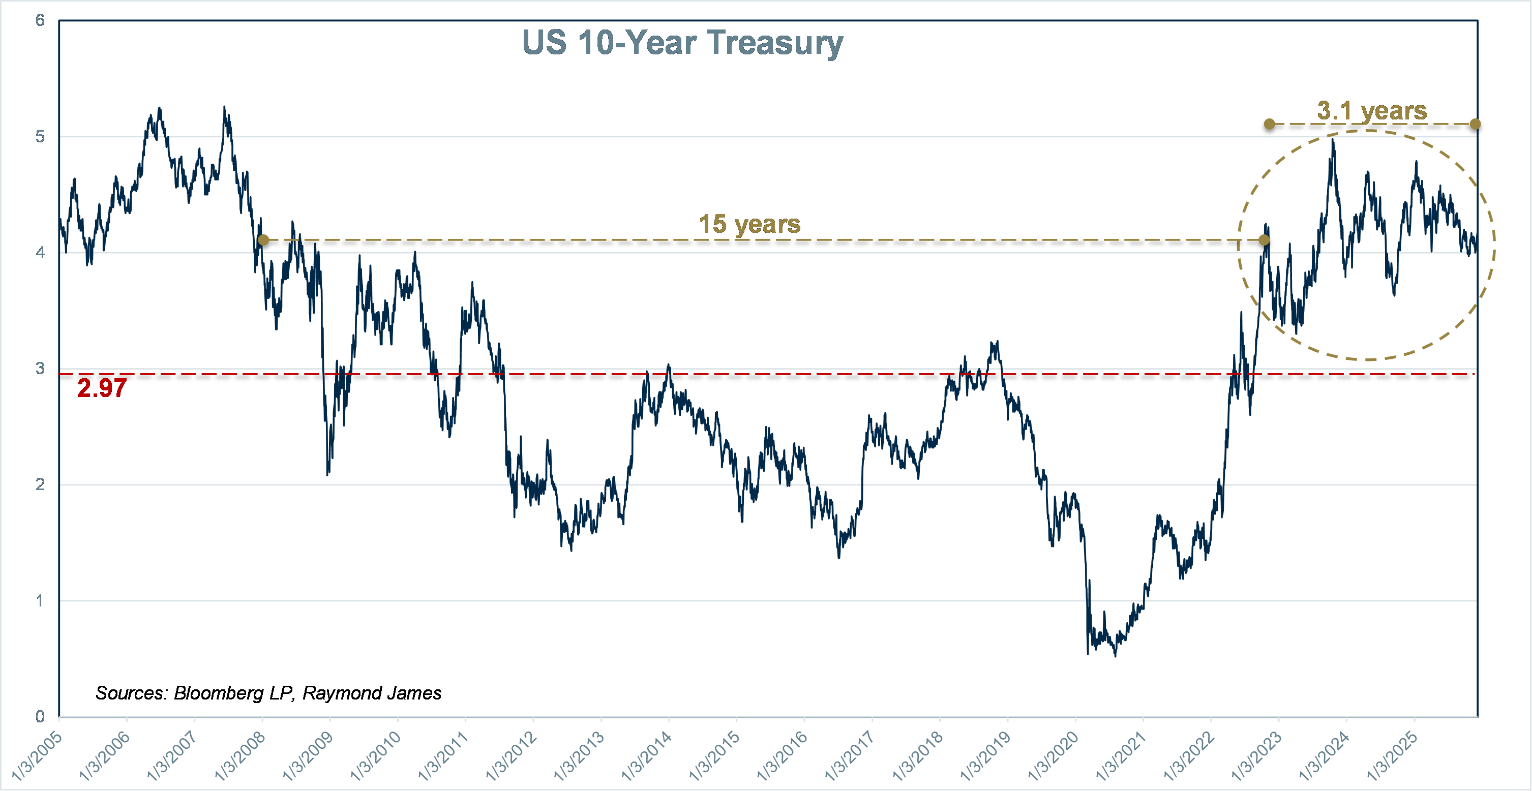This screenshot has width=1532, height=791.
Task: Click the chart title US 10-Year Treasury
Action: [682, 43]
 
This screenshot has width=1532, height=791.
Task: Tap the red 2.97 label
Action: [102, 388]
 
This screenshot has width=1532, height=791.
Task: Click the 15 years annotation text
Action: [749, 224]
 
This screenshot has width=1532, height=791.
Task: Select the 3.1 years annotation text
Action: [1372, 111]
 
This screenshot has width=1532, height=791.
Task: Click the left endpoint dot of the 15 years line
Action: [263, 240]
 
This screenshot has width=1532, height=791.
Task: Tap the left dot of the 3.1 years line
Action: [1269, 125]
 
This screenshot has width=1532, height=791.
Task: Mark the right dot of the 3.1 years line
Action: [1476, 125]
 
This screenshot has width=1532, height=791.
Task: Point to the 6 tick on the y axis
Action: [40, 21]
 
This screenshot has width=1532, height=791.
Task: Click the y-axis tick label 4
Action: [40, 253]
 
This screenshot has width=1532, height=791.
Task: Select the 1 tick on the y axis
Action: [40, 601]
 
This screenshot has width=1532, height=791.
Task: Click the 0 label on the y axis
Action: [40, 717]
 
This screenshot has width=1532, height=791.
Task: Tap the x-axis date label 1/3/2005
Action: [37, 755]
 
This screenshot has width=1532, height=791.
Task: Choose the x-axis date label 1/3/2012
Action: [512, 755]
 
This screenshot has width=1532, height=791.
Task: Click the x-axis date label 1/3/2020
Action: [1053, 755]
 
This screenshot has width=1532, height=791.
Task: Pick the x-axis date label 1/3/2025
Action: [1392, 755]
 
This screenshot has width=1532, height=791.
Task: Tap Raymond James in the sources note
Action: [372, 693]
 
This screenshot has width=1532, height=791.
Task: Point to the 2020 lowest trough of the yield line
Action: [1115, 655]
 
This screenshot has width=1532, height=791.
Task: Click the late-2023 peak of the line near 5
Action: [1333, 141]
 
